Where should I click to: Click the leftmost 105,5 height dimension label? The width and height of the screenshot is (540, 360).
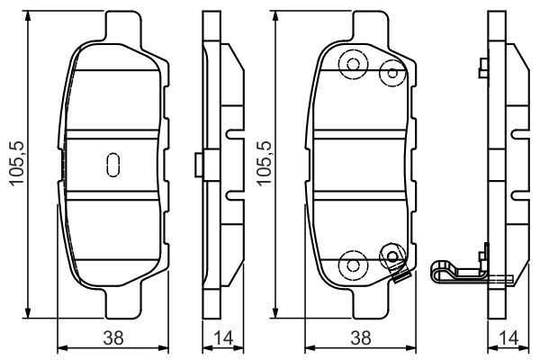17,164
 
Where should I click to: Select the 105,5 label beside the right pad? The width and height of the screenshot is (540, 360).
265,164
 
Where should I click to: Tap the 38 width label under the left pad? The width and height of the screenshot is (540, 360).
113,338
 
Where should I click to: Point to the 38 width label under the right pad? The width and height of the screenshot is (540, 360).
361,338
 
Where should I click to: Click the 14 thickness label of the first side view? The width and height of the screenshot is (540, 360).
223,338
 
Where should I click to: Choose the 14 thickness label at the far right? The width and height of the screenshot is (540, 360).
508,338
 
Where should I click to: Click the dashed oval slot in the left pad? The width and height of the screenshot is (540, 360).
113,165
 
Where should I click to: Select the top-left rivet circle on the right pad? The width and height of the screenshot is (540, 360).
354,65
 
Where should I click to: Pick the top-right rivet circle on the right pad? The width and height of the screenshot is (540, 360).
392,73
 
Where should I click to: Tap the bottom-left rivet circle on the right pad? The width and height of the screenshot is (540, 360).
354,265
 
